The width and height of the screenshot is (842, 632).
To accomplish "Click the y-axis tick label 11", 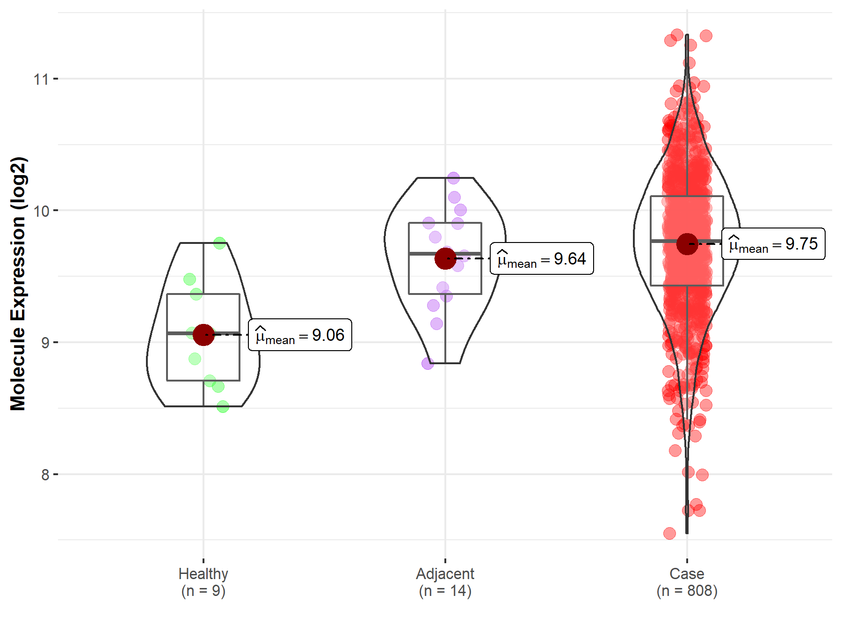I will coord(41,79).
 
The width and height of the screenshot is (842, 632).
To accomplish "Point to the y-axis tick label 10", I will coord(41,211).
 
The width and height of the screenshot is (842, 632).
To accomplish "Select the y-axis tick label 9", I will coord(45,343).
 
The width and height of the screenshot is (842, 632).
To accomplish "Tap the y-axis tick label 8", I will coord(45,475).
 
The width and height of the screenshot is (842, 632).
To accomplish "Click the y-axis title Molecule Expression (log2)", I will coord(18,284).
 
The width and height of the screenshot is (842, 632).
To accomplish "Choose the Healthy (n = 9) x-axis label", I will coord(203,582).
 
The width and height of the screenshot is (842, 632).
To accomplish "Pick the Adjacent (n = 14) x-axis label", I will coord(445,582).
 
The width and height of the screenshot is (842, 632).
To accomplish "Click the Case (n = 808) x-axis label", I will coord(687,582).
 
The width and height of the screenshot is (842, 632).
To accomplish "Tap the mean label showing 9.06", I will coord(300,335).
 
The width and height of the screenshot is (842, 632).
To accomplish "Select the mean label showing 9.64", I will coord(542,258).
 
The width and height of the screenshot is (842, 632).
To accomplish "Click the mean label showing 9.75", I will coord(773,244).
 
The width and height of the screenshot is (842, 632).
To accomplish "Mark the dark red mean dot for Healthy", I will coord(203,335).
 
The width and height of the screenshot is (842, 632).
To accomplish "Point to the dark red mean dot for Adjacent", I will coord(445,258).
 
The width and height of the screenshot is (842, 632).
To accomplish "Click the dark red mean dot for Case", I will coord(687,244).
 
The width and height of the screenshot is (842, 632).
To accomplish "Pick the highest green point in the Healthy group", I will coord(220,243).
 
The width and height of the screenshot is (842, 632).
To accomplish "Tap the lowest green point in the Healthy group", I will coord(223,406).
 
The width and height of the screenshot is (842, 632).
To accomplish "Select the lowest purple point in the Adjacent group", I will coord(428,363).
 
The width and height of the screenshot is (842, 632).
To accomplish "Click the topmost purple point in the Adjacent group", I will coord(453,178).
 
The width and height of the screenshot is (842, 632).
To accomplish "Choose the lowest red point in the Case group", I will coord(669,533).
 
